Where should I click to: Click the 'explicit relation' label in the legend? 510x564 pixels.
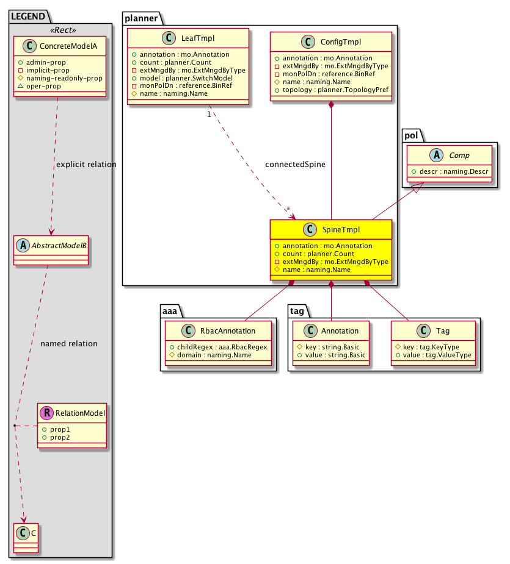click(x=86, y=165)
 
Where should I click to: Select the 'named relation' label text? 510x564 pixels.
click(x=69, y=343)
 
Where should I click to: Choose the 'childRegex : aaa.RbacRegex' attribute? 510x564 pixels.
click(x=218, y=346)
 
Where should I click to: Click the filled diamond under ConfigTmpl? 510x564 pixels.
click(x=331, y=105)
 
